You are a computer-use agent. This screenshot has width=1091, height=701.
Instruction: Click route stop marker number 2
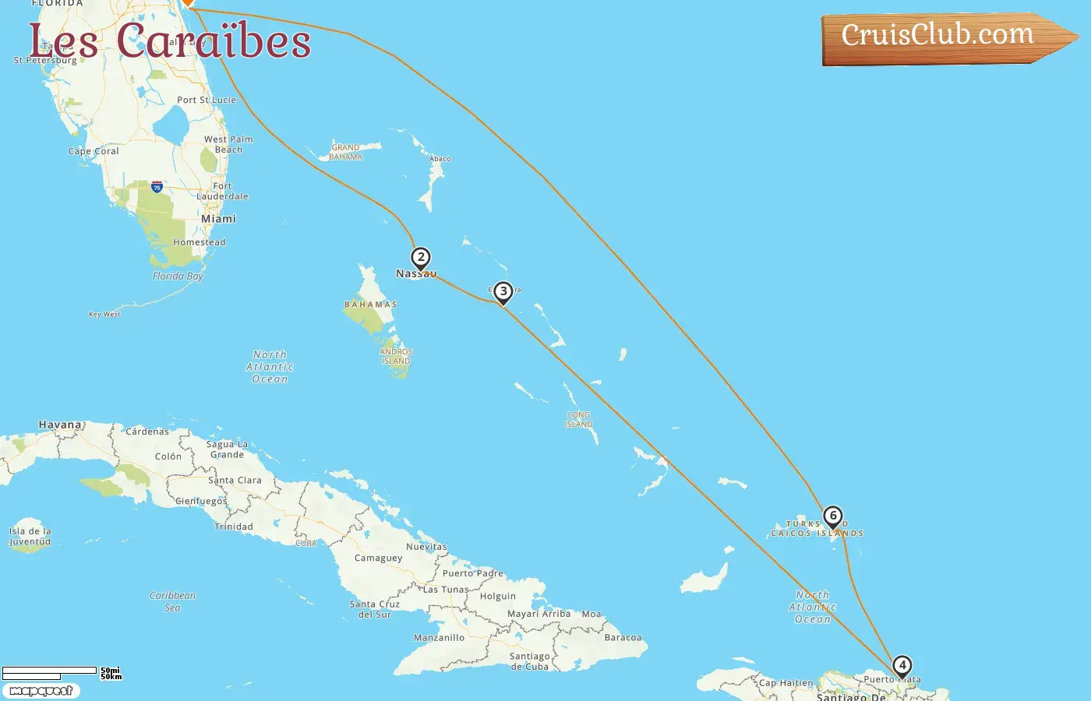pyautogui.click(x=421, y=258)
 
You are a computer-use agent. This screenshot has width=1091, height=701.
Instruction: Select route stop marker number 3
pyautogui.click(x=503, y=292)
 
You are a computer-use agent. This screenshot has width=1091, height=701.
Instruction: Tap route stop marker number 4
pyautogui.click(x=902, y=666)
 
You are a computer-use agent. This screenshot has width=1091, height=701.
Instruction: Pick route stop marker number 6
pyautogui.click(x=833, y=516)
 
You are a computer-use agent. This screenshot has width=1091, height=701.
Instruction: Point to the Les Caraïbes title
pyautogui.click(x=170, y=41)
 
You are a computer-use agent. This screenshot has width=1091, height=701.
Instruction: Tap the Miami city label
pyautogui.click(x=218, y=219)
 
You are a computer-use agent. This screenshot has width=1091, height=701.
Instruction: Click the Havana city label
pyautogui.click(x=60, y=424)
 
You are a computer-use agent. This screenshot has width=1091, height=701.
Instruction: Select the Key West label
pyautogui.click(x=104, y=315)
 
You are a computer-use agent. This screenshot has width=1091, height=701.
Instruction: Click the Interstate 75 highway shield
pyautogui.click(x=157, y=187)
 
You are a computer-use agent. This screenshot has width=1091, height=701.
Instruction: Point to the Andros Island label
pyautogui.click(x=396, y=356)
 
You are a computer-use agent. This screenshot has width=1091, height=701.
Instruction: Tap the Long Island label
pyautogui.click(x=579, y=420)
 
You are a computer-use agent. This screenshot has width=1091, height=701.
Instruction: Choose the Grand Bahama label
pyautogui.click(x=345, y=152)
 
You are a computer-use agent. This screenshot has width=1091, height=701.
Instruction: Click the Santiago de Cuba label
pyautogui.click(x=530, y=661)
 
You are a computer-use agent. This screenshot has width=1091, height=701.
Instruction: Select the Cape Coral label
pyautogui.click(x=94, y=151)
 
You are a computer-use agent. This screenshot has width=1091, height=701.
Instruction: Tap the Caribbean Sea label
pyautogui.click(x=172, y=601)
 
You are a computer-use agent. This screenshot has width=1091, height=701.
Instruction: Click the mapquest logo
pyautogui.click(x=41, y=691)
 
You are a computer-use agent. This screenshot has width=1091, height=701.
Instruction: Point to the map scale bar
pyautogui.click(x=50, y=672)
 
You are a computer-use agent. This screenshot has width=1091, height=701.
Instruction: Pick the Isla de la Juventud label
pyautogui.click(x=30, y=537)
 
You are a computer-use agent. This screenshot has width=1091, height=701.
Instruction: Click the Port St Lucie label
pyautogui.click(x=207, y=100)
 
